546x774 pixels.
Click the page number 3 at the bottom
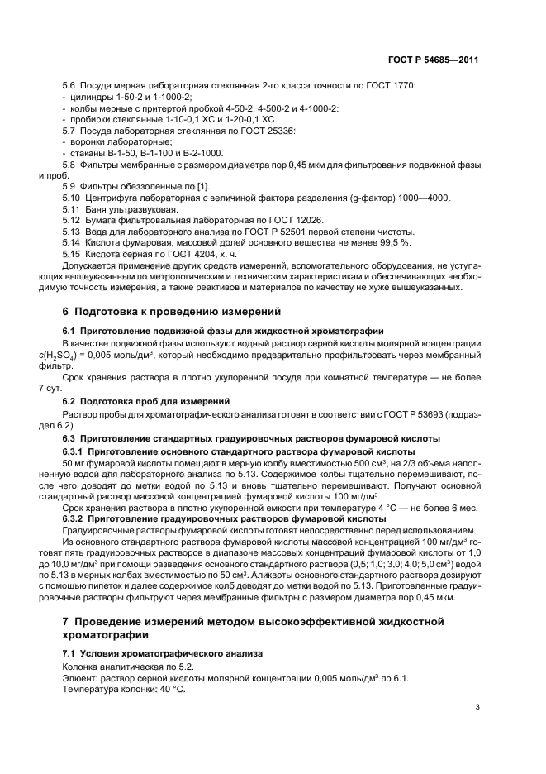pos(477,707)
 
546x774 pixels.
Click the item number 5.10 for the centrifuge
pos(73,198)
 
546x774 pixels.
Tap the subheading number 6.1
pos(70,331)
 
